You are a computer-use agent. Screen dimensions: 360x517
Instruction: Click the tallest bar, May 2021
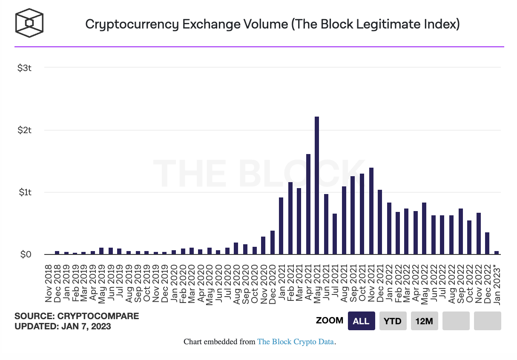click(317, 186)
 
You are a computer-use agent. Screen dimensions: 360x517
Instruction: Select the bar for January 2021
click(281, 226)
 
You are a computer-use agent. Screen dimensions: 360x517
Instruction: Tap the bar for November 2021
click(371, 211)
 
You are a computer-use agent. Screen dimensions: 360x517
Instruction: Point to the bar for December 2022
click(487, 243)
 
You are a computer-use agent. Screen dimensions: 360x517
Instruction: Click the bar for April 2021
click(308, 204)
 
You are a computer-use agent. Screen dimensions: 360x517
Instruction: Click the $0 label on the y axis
click(26, 254)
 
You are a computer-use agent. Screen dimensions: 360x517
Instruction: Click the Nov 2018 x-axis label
click(48, 283)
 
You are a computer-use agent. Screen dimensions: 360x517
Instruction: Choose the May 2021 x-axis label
click(317, 283)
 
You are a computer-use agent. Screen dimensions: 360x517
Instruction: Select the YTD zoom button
click(393, 321)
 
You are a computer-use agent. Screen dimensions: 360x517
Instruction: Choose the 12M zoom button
click(424, 321)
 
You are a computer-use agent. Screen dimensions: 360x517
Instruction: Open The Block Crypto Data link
click(296, 342)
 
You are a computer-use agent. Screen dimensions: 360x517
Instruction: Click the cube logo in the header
click(30, 23)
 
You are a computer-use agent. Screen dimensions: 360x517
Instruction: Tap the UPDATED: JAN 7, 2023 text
click(63, 327)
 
